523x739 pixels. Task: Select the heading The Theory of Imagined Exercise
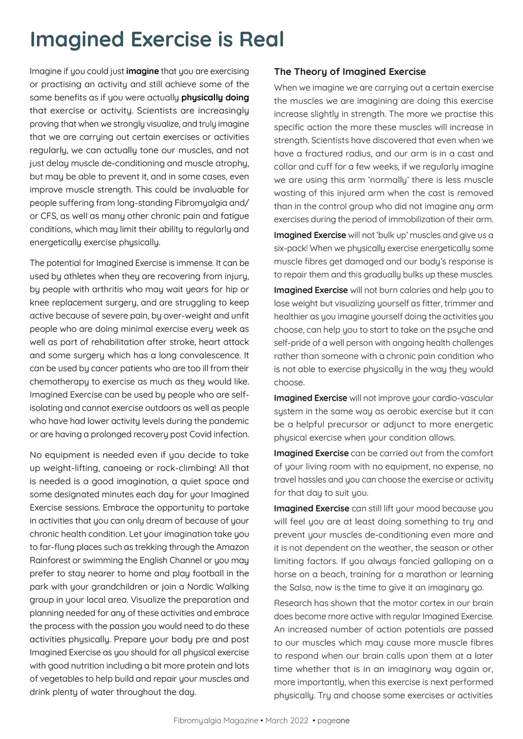coord(350,72)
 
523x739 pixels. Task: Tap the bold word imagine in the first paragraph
coord(142,72)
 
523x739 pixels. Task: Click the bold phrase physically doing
coord(214,98)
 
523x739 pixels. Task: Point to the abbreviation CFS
coord(49,216)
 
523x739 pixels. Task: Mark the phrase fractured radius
coord(331,154)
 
